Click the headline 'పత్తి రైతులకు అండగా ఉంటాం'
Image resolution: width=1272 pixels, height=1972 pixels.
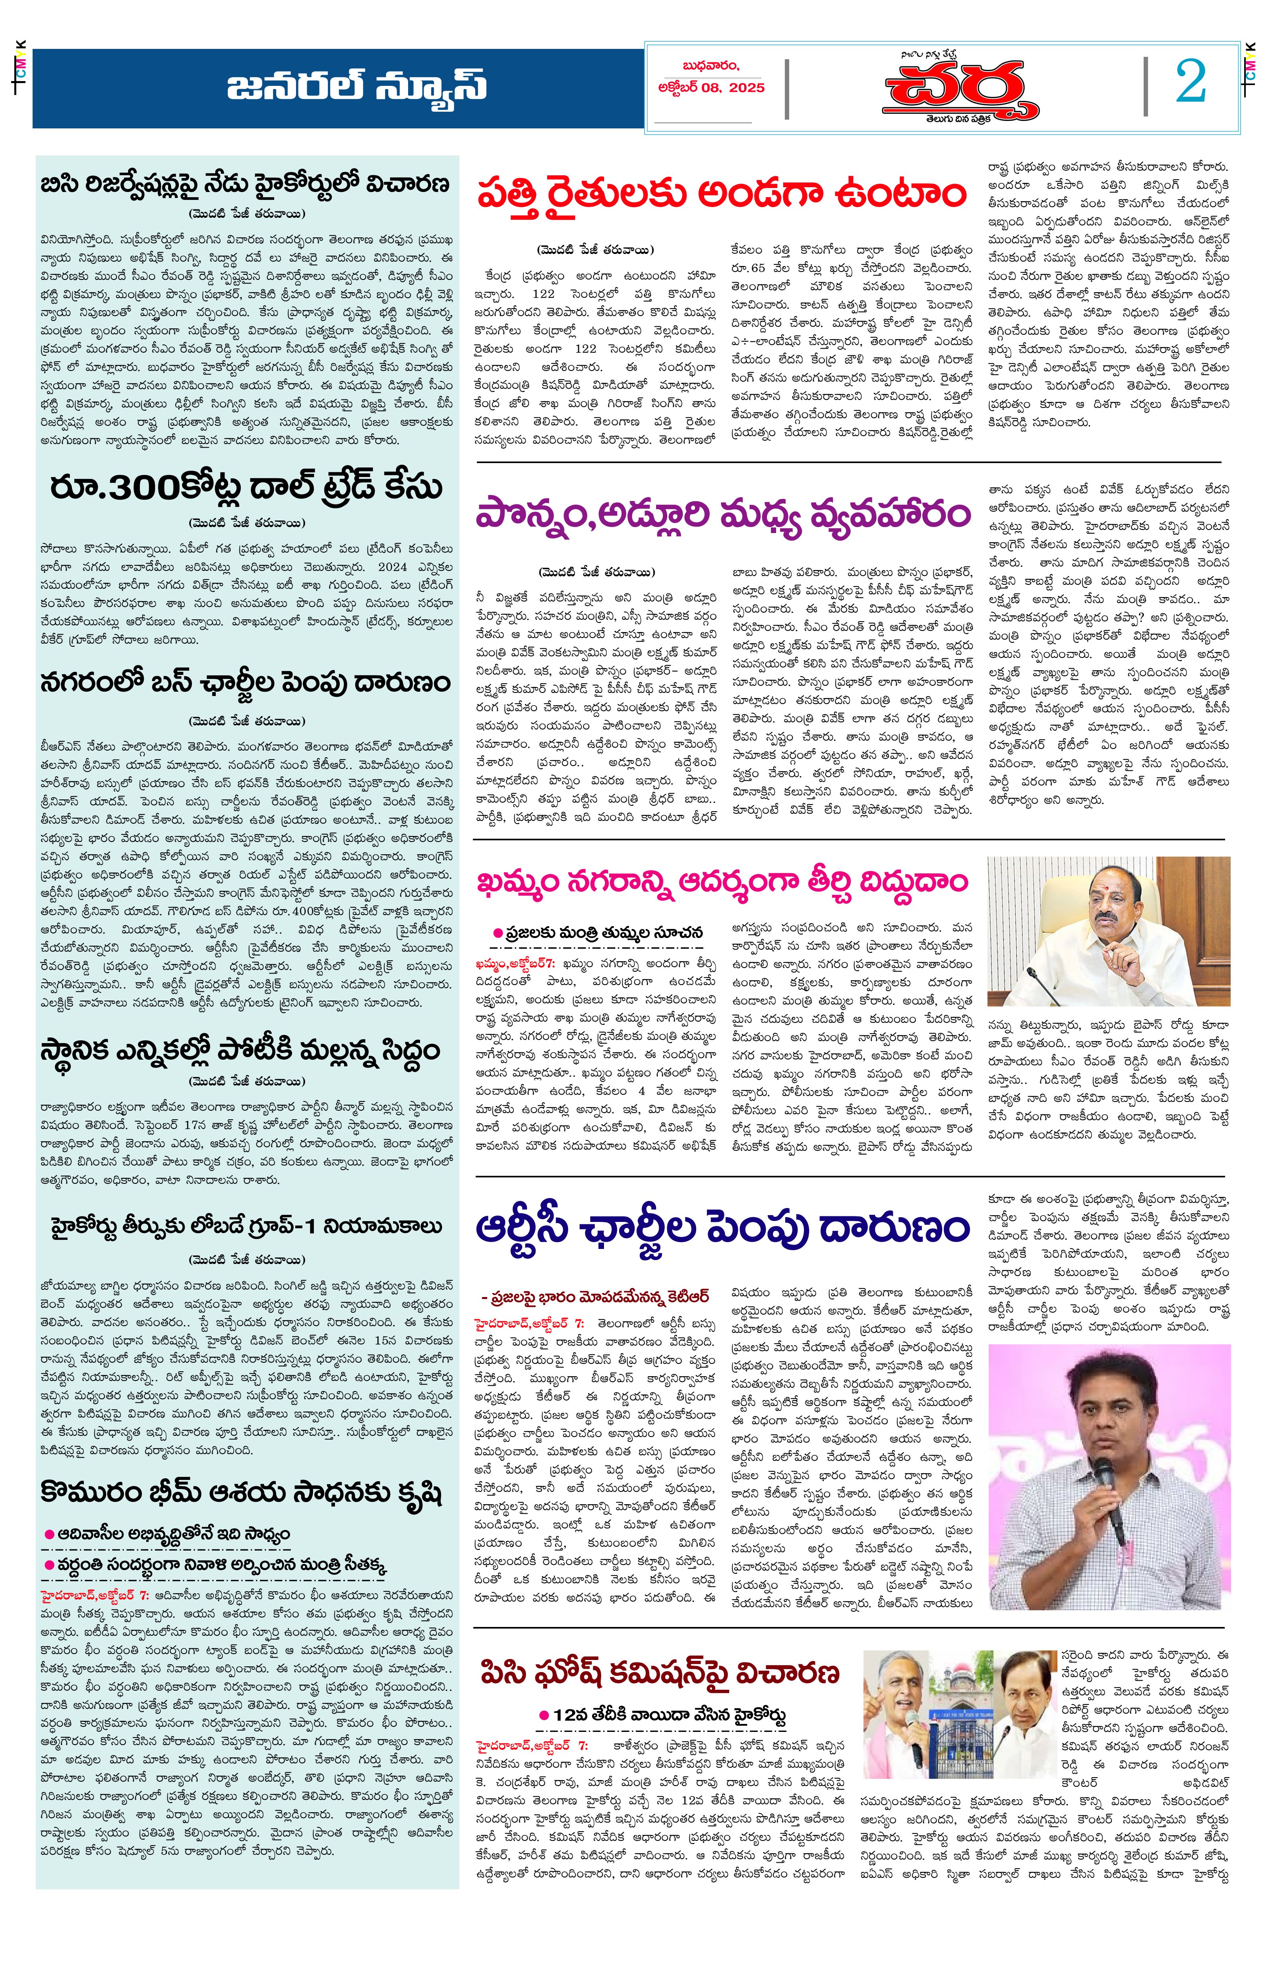tap(721, 195)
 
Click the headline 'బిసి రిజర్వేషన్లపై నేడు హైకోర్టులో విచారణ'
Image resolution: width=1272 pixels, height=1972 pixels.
tap(245, 184)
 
